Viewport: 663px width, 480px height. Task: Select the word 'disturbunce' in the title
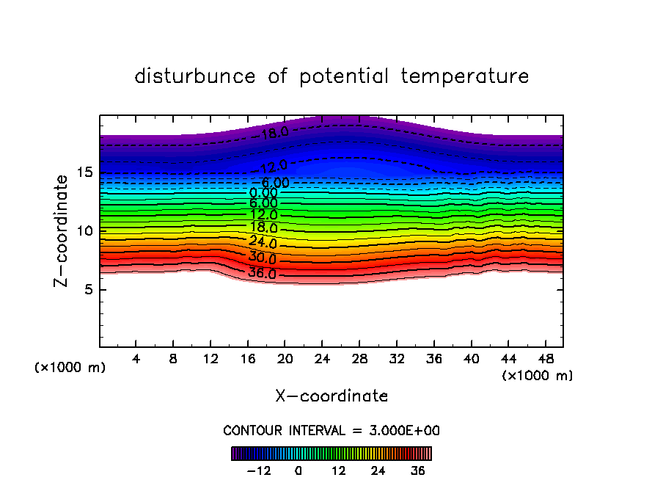point(195,76)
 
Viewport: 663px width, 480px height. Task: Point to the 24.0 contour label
point(263,243)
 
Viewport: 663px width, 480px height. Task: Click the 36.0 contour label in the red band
point(262,274)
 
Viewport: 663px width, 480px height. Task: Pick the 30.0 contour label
point(262,258)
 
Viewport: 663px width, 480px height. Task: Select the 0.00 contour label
point(263,193)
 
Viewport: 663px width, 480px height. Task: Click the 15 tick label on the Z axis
point(83,172)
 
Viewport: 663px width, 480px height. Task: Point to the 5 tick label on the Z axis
point(87,289)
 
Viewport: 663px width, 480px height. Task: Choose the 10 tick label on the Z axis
point(83,230)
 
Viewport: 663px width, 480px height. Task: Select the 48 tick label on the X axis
point(544,360)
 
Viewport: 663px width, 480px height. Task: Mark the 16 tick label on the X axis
point(248,360)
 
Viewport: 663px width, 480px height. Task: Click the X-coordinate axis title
point(331,396)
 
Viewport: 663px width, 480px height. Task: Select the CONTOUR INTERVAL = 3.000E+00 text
point(331,430)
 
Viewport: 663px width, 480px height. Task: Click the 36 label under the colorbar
point(418,470)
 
